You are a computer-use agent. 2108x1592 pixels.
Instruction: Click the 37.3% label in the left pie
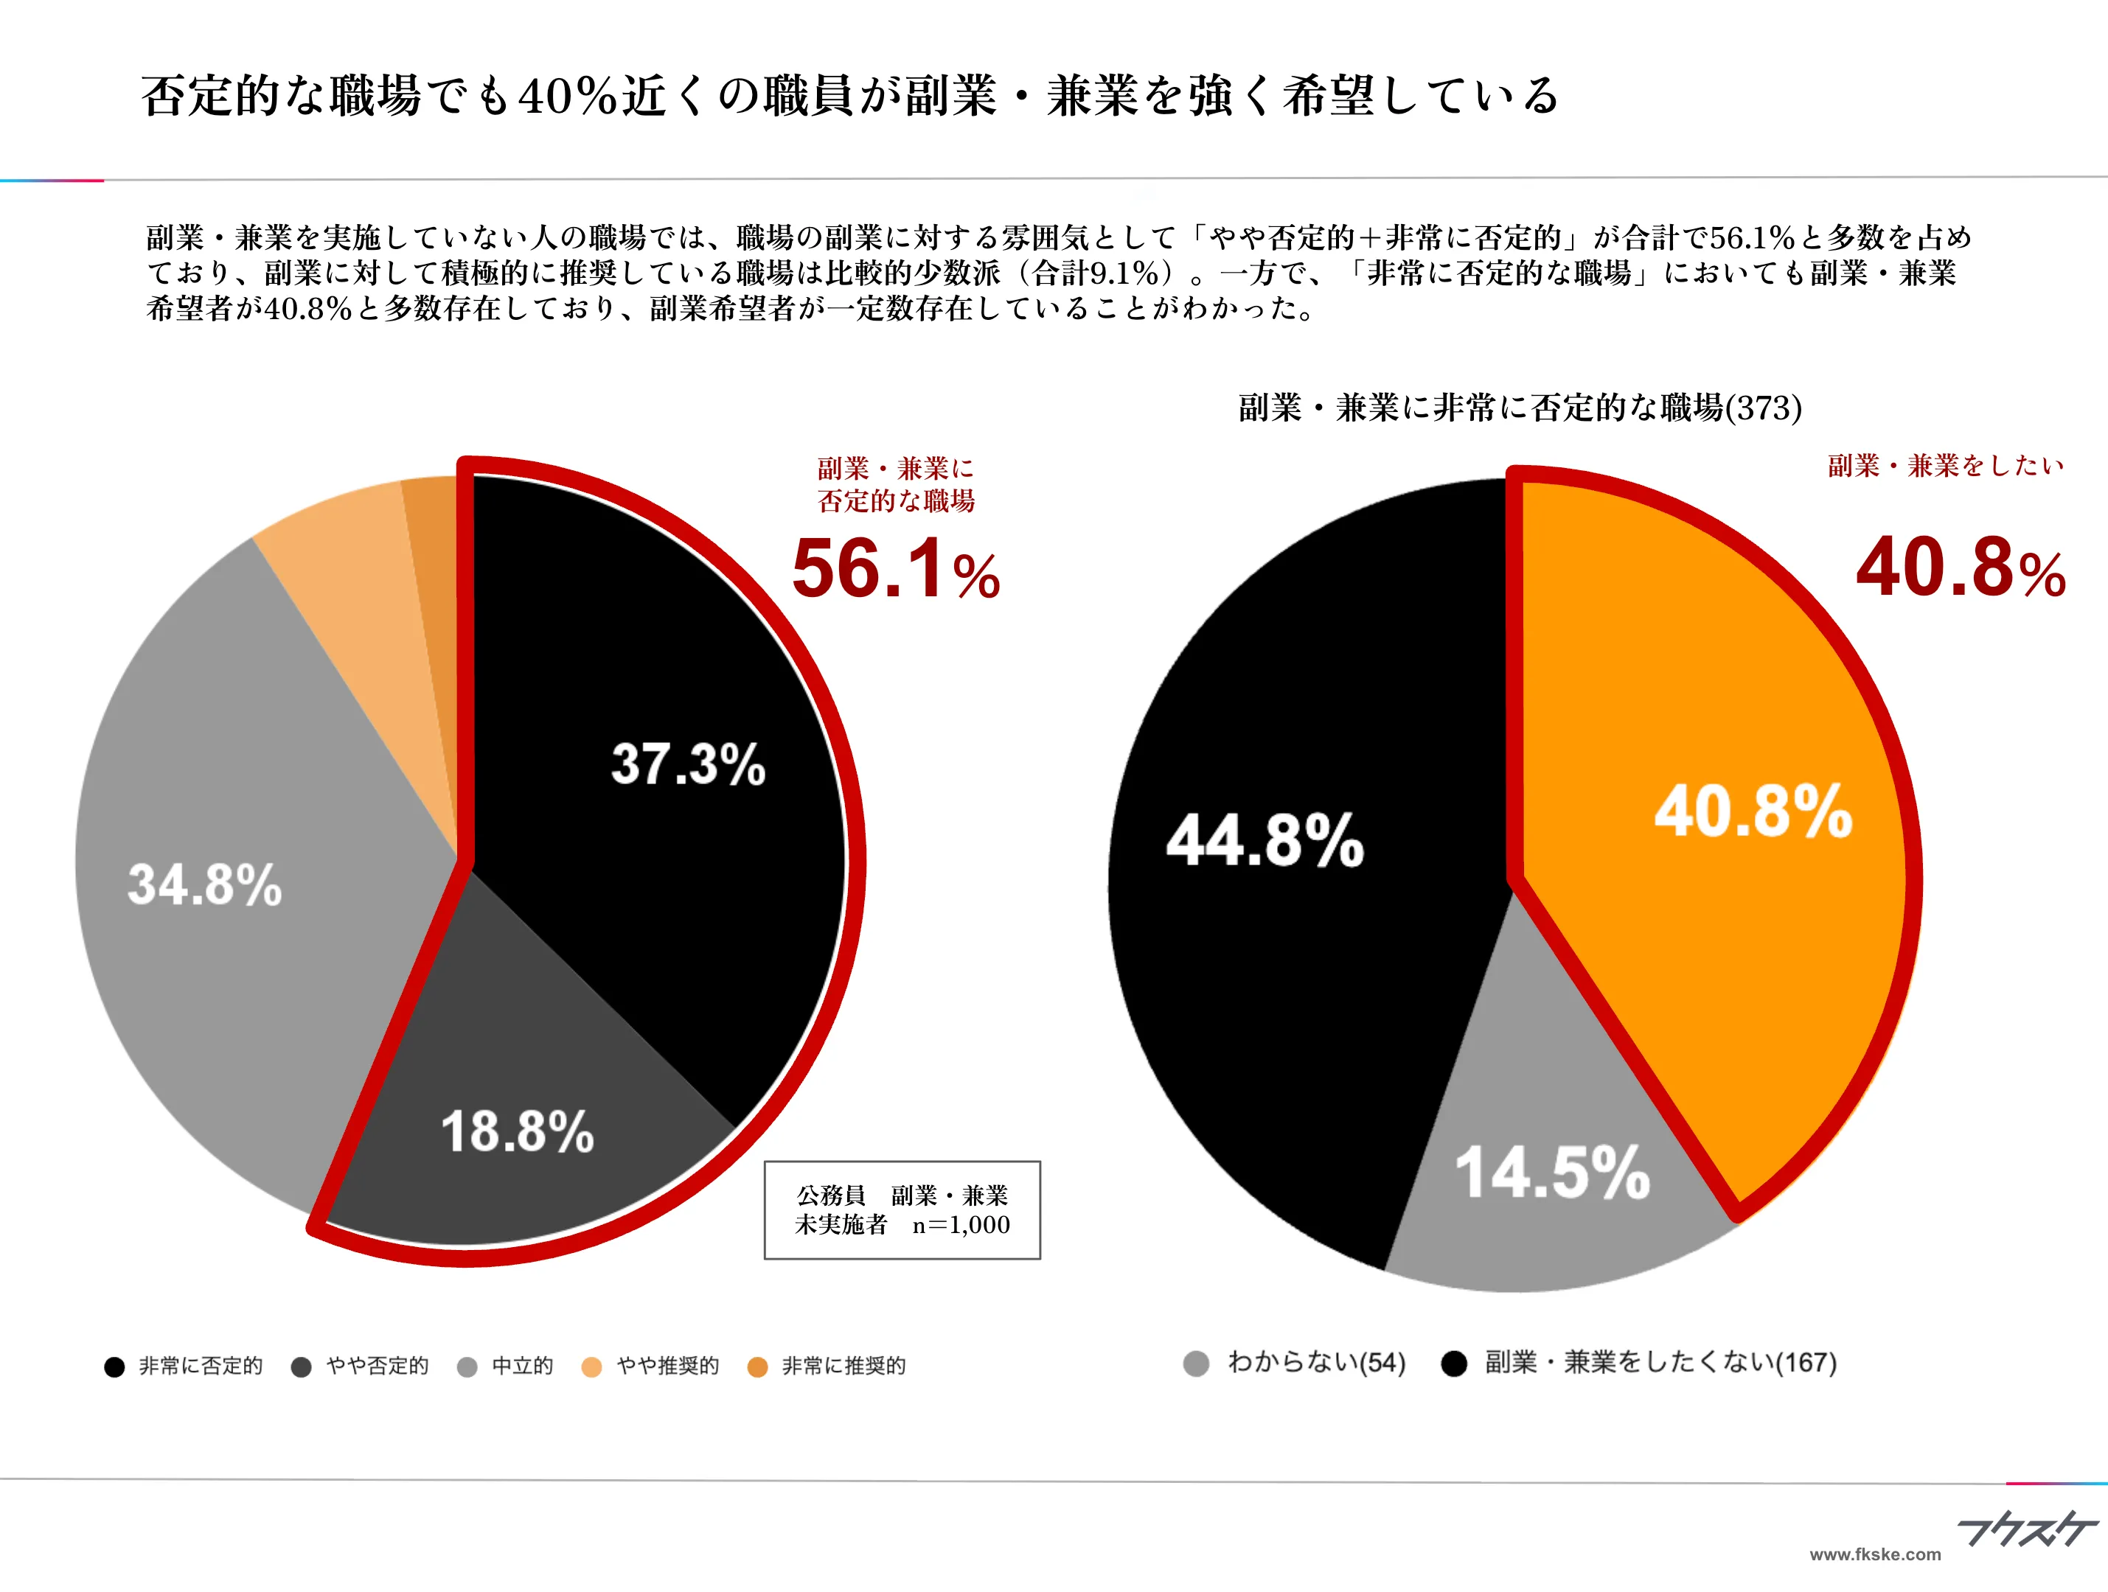coord(688,764)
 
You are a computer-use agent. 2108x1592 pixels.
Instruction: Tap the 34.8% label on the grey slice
coord(204,885)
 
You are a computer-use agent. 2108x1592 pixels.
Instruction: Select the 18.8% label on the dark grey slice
coord(517,1132)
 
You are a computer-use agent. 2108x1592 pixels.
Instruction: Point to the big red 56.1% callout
coord(895,570)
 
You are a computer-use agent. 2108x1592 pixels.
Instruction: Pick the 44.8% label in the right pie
coord(1265,841)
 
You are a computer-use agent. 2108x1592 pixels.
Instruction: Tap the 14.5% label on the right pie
coord(1551,1173)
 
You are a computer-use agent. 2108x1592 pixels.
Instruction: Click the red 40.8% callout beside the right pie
coord(1961,569)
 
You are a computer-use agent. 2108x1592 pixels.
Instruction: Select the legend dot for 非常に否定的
coord(114,1367)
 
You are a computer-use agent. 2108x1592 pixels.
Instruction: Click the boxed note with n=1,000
coord(902,1210)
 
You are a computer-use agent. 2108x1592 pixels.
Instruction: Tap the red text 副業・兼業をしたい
coord(1945,466)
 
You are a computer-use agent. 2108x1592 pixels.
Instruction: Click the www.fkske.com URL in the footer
coord(1874,1554)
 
